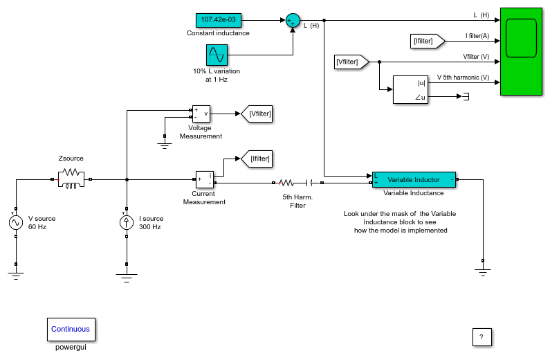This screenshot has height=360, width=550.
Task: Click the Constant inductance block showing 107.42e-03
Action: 219,20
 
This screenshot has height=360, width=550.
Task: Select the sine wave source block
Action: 217,55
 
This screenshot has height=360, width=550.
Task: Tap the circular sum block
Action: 293,20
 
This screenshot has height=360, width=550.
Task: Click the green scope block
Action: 521,52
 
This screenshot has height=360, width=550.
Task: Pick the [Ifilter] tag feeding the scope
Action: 428,41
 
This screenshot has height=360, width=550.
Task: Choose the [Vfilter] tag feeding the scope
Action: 351,62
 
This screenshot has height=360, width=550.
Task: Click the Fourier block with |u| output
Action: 410,89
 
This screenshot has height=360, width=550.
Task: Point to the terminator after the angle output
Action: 466,96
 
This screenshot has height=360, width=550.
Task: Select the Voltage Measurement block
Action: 201,114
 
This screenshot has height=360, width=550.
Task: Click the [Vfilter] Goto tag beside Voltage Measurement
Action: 257,114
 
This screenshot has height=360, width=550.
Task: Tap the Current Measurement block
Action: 205,179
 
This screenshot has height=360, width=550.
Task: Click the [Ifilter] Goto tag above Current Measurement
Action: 257,159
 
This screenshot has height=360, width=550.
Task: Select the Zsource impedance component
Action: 71,179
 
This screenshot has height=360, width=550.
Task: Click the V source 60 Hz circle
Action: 16,222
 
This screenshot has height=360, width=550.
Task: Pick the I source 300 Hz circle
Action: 127,222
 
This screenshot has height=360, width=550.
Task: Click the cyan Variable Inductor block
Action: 414,179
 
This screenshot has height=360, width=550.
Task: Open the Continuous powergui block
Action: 71,329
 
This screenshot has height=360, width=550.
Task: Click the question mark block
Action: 482,337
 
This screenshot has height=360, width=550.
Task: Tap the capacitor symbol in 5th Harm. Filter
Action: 309,183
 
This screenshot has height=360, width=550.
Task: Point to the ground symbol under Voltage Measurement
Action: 165,145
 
